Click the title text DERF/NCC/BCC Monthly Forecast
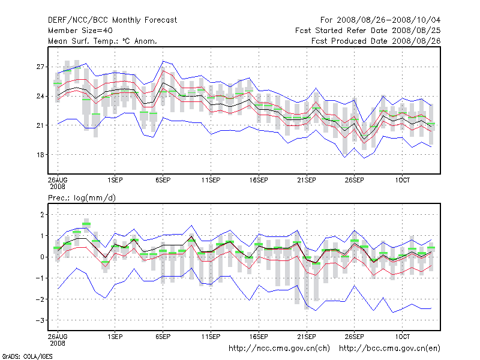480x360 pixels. tap(112, 20)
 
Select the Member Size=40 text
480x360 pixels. tap(80, 30)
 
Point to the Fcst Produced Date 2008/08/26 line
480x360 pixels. tap(376, 41)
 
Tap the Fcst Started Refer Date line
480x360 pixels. tap(368, 30)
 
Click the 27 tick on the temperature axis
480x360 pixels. tap(41, 67)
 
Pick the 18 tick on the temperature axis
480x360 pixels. tap(41, 155)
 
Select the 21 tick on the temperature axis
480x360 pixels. tap(41, 125)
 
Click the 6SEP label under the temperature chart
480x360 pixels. tap(163, 180)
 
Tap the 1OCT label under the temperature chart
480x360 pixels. tap(401, 180)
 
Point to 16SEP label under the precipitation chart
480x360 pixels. tap(259, 337)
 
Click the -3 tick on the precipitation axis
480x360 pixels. tap(40, 320)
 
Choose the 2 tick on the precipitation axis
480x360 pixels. tap(43, 215)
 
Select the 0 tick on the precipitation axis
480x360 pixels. tap(43, 257)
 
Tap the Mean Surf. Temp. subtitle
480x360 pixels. tap(102, 41)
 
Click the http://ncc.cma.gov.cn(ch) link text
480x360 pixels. tap(280, 347)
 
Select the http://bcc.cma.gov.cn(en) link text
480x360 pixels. tap(390, 347)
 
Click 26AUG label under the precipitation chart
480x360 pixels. tap(58, 337)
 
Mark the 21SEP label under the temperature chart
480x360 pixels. tap(306, 180)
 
